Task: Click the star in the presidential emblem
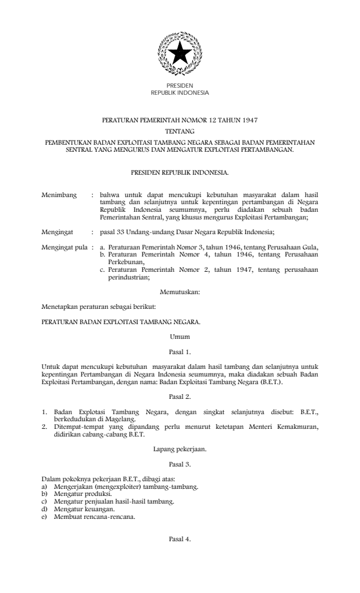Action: [x=179, y=54]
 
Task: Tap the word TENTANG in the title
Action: [x=179, y=131]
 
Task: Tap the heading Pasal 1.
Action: [x=179, y=352]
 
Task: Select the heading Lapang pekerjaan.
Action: [x=179, y=449]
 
